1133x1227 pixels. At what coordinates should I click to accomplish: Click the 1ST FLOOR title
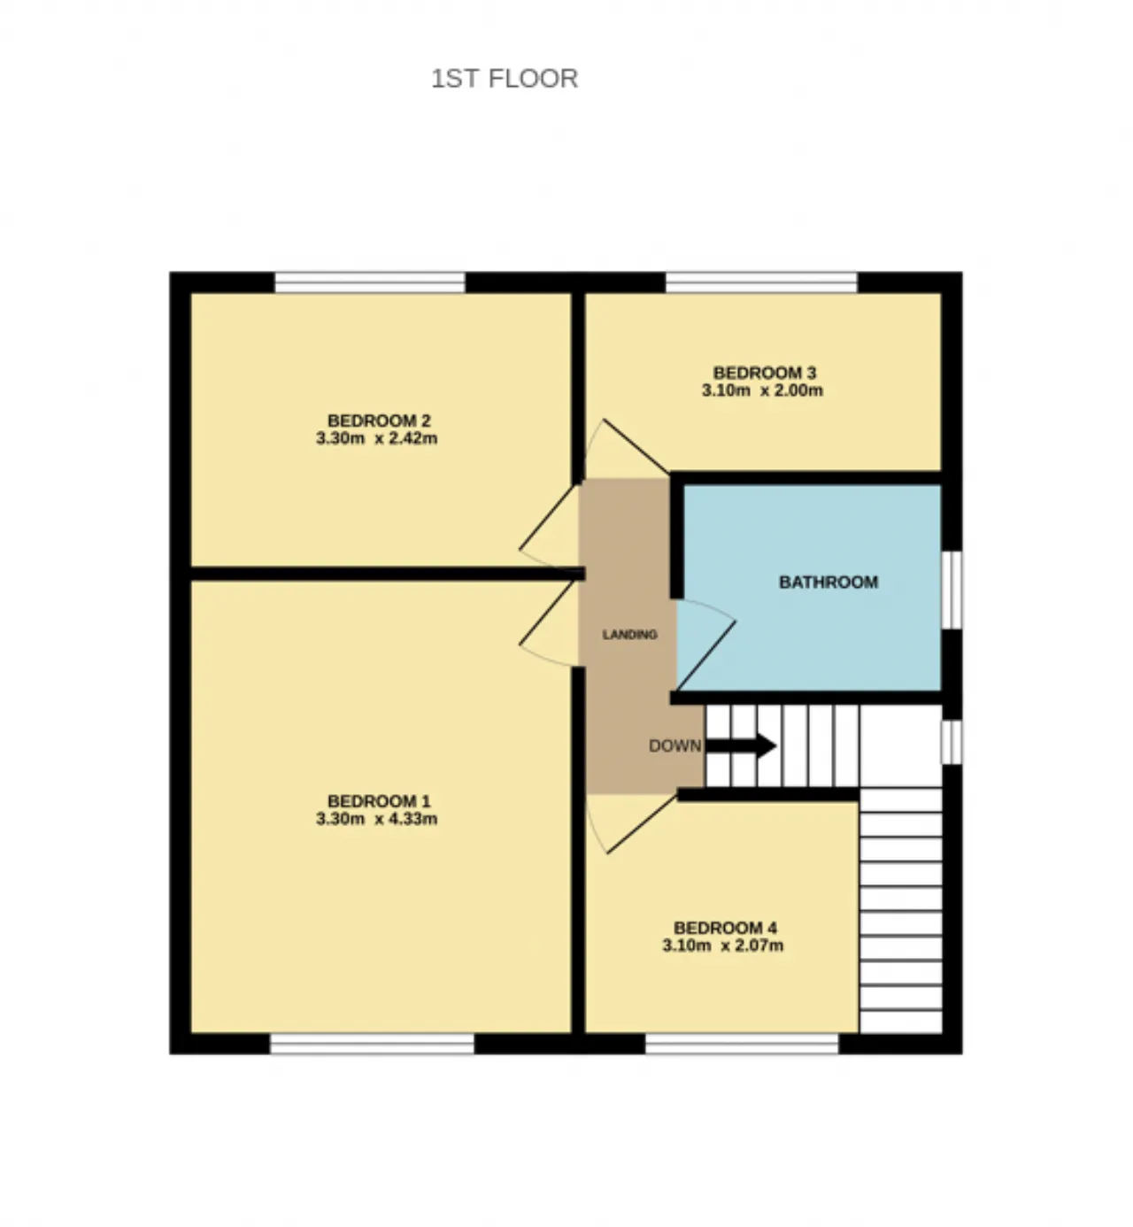tap(505, 79)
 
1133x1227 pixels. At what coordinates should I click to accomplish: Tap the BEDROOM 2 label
tap(379, 421)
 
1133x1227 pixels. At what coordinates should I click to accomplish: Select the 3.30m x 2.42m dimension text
tap(377, 438)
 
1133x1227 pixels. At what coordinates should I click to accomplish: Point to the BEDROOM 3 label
tap(765, 373)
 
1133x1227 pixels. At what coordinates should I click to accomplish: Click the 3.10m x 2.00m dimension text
tap(762, 390)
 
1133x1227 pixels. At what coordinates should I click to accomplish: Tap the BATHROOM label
tap(829, 582)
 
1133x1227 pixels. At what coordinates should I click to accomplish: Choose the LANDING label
tap(629, 635)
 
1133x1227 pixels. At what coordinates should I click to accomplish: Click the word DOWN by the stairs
tap(674, 745)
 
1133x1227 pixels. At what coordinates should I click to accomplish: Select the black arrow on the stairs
tap(741, 745)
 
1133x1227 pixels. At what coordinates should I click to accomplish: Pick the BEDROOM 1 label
tap(379, 801)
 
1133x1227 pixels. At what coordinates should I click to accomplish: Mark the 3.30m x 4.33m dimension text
tap(377, 819)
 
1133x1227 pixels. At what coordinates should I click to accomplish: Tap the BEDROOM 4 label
tap(725, 928)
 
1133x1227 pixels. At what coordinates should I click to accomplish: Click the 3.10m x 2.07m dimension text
tap(723, 945)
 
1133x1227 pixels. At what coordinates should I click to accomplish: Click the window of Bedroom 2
tap(369, 282)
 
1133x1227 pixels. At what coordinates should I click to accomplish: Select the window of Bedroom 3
tap(761, 282)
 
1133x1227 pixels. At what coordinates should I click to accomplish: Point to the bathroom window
tap(952, 590)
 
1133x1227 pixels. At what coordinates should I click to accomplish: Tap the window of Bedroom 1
tap(372, 1044)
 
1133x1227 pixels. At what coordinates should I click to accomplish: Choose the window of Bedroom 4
tap(742, 1044)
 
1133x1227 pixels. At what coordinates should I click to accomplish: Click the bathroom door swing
tap(706, 644)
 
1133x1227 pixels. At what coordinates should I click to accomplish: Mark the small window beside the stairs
tap(952, 742)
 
